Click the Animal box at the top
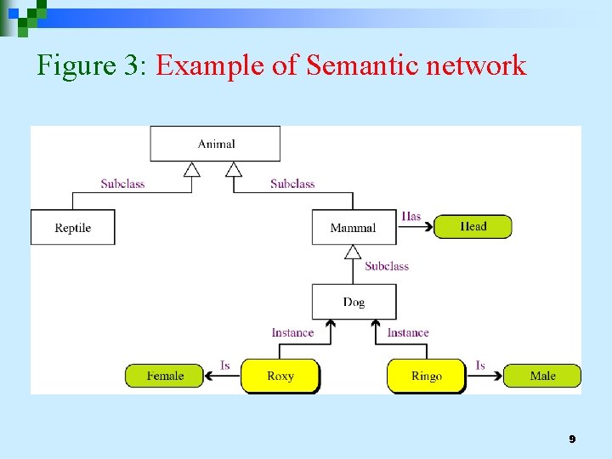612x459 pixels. (x=215, y=144)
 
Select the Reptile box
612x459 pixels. (x=72, y=228)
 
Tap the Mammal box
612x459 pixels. (x=353, y=228)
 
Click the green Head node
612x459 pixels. (x=473, y=226)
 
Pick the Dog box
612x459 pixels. (x=354, y=302)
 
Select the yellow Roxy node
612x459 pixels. (x=280, y=376)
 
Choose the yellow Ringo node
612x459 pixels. (x=426, y=376)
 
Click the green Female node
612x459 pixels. (x=165, y=376)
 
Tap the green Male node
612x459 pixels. (x=542, y=376)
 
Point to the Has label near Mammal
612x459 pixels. (x=411, y=217)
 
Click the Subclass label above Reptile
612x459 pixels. (x=122, y=184)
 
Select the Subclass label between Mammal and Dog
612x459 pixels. (x=387, y=266)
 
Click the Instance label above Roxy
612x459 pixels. (x=292, y=332)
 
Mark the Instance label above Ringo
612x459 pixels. (x=408, y=332)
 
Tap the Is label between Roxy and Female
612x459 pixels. (x=225, y=365)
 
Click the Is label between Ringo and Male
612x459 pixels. (x=480, y=365)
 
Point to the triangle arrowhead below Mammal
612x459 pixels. (x=353, y=252)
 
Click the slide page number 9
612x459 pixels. (x=572, y=439)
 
